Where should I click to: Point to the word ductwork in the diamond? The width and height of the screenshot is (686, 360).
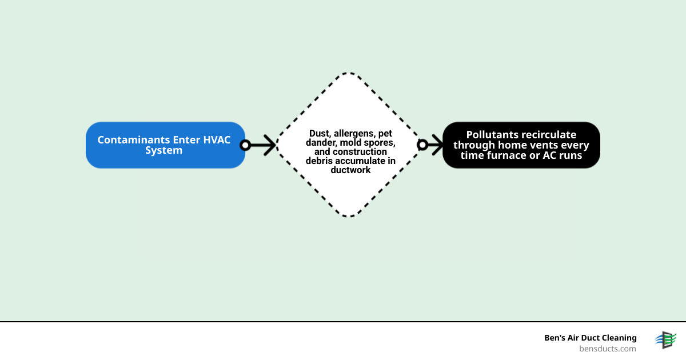(350, 170)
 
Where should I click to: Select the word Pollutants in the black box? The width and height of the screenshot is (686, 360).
(491, 135)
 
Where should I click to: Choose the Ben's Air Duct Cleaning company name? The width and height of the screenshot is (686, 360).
(590, 338)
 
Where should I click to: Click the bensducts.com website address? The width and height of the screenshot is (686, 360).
(607, 349)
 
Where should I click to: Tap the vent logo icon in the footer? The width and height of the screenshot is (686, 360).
(665, 340)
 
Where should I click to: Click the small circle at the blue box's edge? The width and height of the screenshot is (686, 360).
(245, 145)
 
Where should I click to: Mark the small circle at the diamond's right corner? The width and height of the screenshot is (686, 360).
(422, 145)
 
